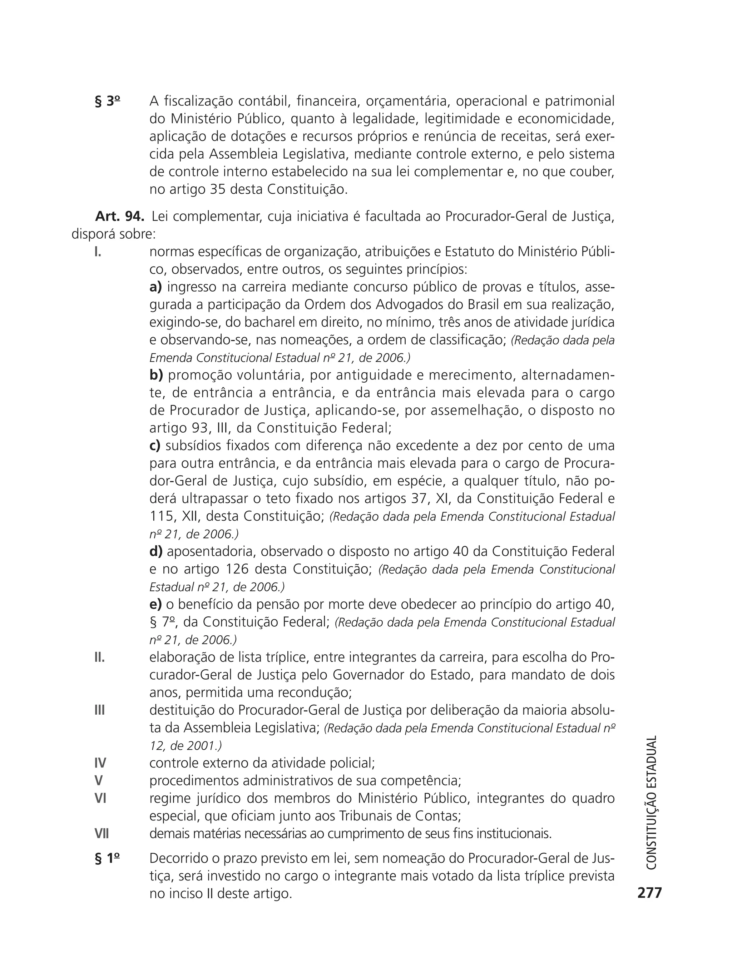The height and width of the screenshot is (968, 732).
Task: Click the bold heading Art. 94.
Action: [119, 217]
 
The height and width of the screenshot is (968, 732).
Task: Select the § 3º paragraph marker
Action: [107, 101]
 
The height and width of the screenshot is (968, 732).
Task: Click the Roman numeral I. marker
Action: [98, 252]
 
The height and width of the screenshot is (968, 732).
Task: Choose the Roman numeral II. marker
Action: [99, 657]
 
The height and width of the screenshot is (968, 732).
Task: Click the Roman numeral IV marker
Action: [100, 763]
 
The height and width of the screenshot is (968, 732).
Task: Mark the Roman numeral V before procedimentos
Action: [99, 781]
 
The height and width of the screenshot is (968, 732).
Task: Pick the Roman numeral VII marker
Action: [102, 834]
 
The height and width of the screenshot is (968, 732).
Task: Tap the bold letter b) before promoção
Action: [156, 376]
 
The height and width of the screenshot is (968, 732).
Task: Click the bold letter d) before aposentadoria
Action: [156, 552]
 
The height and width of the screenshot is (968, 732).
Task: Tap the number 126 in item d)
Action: [237, 569]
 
